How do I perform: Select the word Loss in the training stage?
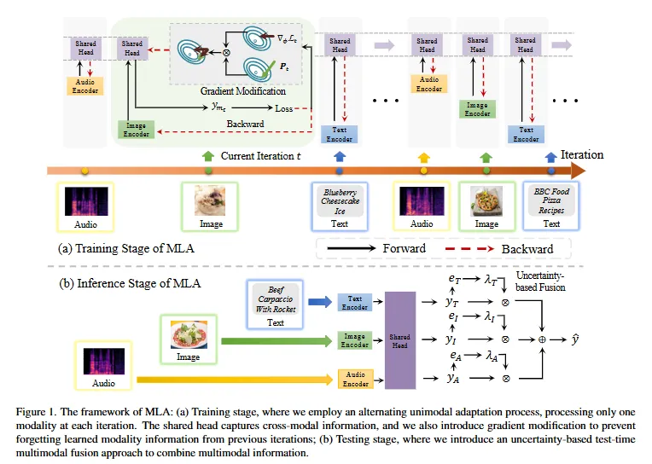point(283,108)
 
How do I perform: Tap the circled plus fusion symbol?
point(542,339)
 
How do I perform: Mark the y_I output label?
point(453,339)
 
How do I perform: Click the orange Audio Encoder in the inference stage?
point(355,378)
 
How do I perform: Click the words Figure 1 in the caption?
point(35,411)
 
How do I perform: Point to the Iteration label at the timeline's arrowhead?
point(581,155)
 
